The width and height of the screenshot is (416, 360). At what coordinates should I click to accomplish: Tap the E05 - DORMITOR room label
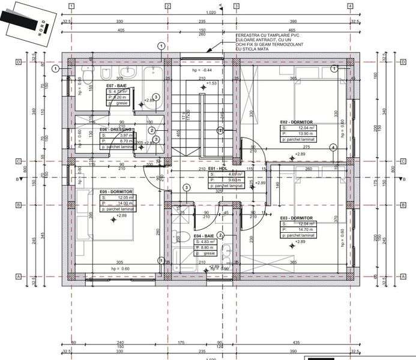(x=116, y=191)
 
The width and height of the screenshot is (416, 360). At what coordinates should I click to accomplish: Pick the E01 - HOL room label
(x=217, y=169)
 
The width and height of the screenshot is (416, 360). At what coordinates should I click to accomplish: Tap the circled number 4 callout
(x=333, y=147)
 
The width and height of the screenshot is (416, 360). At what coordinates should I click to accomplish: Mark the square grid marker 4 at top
(x=350, y=6)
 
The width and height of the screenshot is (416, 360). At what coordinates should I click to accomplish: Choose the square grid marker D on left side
(x=19, y=62)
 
